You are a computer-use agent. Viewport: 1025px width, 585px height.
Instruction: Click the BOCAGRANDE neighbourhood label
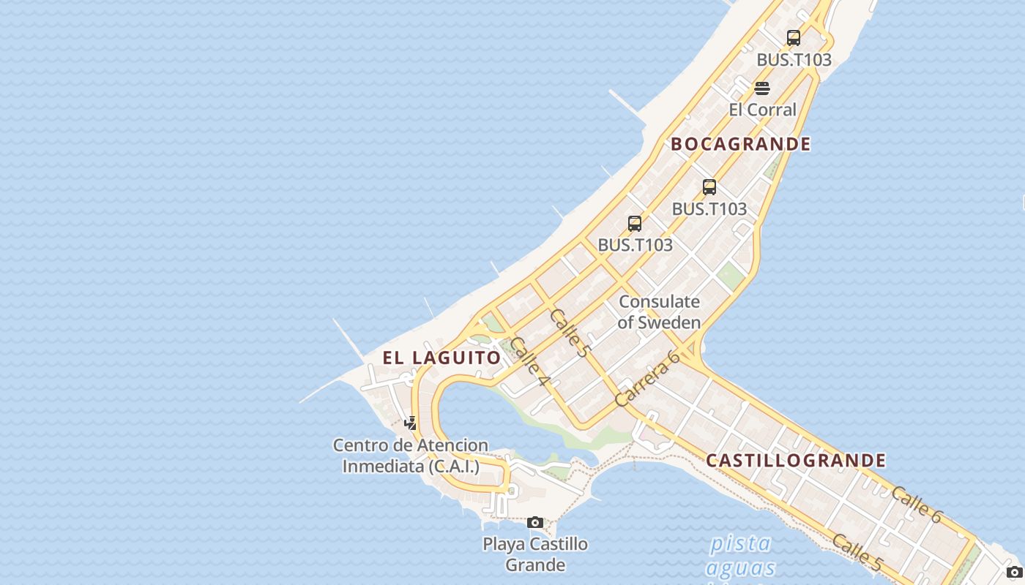(x=740, y=144)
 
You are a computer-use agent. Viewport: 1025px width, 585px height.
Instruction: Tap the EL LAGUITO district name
(x=441, y=358)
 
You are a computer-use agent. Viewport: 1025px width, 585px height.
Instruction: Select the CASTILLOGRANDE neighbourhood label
(x=796, y=461)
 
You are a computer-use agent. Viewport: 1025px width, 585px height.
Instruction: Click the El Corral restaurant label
(x=762, y=110)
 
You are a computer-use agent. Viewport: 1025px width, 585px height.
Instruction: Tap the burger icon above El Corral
(x=762, y=88)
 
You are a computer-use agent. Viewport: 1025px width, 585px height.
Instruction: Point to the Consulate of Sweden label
(x=659, y=312)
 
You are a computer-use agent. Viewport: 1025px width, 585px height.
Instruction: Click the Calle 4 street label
(x=529, y=361)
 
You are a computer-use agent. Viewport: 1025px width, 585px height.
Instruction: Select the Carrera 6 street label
(x=647, y=378)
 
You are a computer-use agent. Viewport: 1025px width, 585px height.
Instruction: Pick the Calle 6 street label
(x=916, y=505)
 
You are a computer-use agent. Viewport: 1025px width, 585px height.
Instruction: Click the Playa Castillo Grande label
(x=535, y=554)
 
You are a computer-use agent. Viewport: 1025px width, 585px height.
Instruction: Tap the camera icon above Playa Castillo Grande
(x=535, y=522)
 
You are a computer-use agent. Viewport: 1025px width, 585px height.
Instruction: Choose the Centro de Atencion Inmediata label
(x=411, y=456)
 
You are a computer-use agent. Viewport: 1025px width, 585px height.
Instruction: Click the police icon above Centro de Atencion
(x=410, y=423)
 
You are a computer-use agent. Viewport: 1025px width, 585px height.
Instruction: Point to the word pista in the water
(x=740, y=543)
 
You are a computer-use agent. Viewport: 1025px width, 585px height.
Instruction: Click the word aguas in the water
(x=740, y=567)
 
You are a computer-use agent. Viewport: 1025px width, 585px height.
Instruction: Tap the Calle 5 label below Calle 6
(x=857, y=552)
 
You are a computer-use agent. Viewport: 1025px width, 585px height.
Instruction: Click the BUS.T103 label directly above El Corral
(x=794, y=60)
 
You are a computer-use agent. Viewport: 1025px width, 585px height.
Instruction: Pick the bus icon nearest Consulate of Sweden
(x=635, y=224)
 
